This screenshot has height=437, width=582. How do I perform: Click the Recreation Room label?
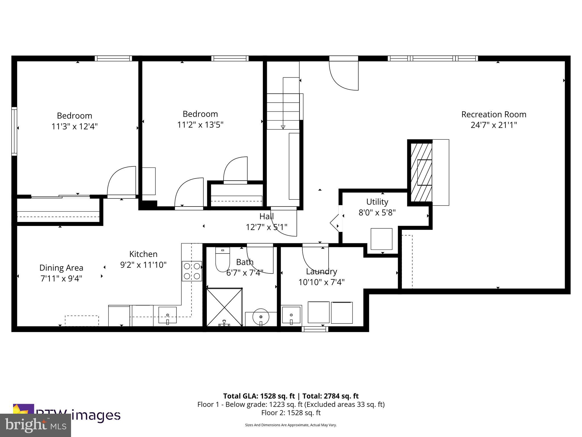494,114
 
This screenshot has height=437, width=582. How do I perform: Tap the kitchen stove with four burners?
192,271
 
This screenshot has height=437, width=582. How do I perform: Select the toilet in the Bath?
223,259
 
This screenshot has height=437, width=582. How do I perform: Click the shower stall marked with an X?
224,307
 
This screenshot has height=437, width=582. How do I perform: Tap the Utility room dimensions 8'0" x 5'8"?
377,213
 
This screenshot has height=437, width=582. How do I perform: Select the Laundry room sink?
291,315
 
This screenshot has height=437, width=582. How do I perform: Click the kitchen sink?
167,315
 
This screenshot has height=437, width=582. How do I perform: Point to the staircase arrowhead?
283,127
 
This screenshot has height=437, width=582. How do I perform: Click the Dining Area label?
61,268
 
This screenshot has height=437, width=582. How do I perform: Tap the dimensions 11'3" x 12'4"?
74,126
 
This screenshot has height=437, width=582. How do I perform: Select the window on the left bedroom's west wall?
14,131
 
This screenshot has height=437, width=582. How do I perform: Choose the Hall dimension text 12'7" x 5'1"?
266,227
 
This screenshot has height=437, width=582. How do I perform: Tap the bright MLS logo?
35,425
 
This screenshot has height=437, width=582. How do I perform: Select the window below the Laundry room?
315,329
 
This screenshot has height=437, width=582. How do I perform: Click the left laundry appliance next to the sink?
318,312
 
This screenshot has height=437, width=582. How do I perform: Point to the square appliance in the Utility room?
381,239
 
